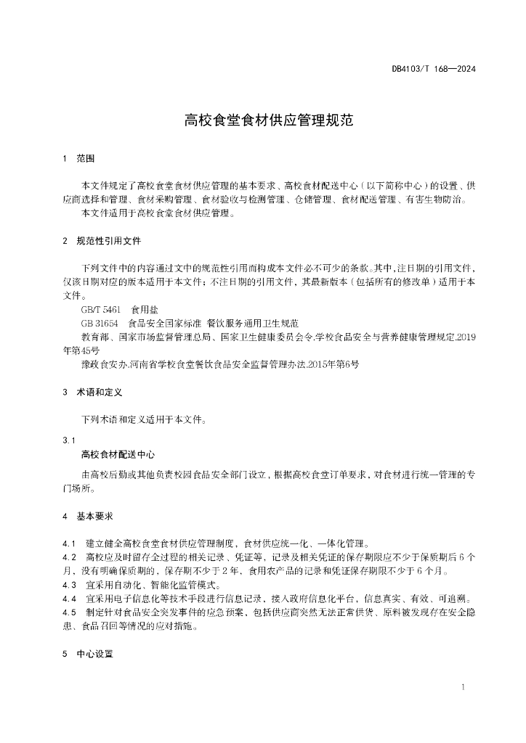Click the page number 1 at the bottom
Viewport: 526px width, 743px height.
(463, 687)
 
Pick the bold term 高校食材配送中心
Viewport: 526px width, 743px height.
(118, 454)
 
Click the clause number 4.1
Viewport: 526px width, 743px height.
(70, 543)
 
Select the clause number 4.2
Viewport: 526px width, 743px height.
(70, 557)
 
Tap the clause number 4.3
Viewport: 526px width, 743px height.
(70, 585)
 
